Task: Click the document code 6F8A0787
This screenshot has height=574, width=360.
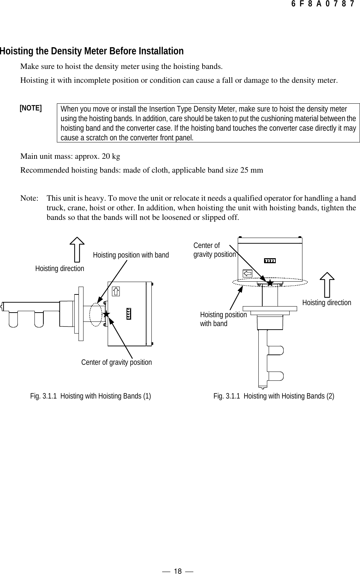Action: point(322,4)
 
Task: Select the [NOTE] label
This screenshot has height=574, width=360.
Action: point(31,108)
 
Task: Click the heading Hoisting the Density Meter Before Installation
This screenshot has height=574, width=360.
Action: point(92,51)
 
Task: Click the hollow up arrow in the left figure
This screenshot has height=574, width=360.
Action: point(77,251)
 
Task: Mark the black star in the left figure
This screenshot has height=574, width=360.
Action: point(106,314)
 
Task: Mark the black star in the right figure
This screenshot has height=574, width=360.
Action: point(270,283)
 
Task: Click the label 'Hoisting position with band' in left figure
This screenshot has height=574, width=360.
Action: point(131,255)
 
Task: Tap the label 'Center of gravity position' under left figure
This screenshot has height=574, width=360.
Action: point(117,362)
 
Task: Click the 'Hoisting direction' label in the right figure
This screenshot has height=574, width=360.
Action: point(326,303)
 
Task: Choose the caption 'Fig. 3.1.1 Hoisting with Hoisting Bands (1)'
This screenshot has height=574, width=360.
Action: point(91,396)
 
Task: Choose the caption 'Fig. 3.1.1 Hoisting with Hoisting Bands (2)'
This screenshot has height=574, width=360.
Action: point(274,396)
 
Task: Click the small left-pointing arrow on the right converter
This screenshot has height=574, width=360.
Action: point(248,273)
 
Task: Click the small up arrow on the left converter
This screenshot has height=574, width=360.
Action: point(116,292)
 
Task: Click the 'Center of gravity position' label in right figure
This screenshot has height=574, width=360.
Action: point(214,250)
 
